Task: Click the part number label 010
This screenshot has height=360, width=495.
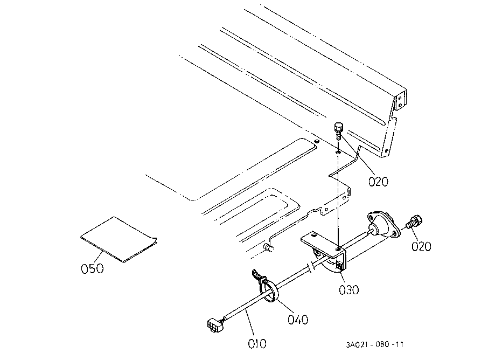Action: [x=257, y=343]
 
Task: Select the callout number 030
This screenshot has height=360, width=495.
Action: [x=348, y=289]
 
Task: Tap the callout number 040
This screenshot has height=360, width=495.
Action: [x=297, y=320]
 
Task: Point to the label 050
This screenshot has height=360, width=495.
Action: [x=92, y=268]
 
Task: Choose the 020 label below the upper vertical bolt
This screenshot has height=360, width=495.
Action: [x=378, y=182]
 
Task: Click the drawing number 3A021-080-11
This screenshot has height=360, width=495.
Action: [x=375, y=344]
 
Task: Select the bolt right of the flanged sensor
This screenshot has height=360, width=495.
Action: [x=414, y=221]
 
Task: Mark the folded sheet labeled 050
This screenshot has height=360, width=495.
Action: [x=118, y=239]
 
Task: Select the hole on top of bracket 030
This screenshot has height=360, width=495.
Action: [x=337, y=249]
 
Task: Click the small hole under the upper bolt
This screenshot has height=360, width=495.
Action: [x=337, y=153]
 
